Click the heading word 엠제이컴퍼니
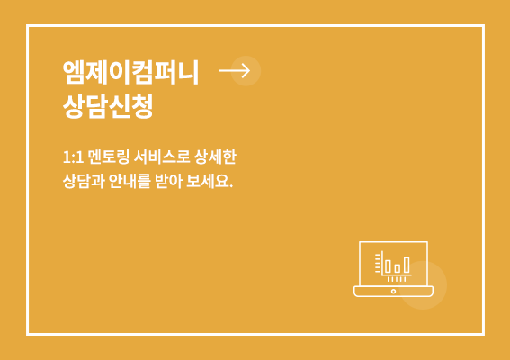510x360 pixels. click(130, 72)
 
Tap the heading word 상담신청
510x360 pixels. click(108, 107)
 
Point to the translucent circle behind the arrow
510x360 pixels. click(246, 71)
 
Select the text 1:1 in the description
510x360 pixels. click(73, 157)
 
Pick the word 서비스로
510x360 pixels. click(162, 157)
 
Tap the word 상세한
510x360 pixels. click(215, 157)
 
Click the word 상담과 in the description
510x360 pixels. click(84, 181)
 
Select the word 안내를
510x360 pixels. click(130, 181)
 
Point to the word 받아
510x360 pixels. click(168, 181)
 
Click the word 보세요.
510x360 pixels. click(210, 181)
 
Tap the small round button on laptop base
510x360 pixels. click(394, 291)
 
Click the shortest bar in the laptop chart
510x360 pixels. click(398, 268)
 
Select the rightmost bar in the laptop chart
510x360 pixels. click(407, 265)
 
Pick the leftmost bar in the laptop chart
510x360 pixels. click(388, 266)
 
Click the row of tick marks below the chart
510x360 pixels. click(397, 279)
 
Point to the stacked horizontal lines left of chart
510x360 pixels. click(378, 263)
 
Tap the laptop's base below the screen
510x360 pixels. click(394, 292)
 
